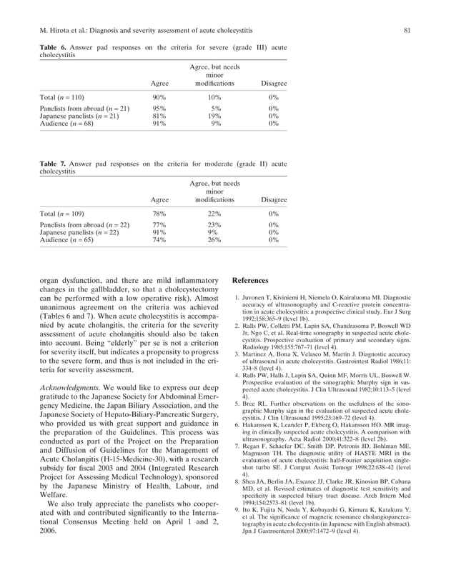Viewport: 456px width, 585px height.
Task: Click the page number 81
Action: pyautogui.click(x=406, y=30)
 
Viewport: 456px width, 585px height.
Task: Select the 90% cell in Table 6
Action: pyautogui.click(x=160, y=96)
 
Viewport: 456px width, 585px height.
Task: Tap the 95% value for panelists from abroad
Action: pyautogui.click(x=160, y=109)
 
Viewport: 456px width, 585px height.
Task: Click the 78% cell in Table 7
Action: pyautogui.click(x=160, y=213)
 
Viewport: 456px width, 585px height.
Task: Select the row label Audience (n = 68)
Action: pyautogui.click(x=66, y=124)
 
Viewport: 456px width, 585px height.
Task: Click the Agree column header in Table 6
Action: pyautogui.click(x=160, y=84)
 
